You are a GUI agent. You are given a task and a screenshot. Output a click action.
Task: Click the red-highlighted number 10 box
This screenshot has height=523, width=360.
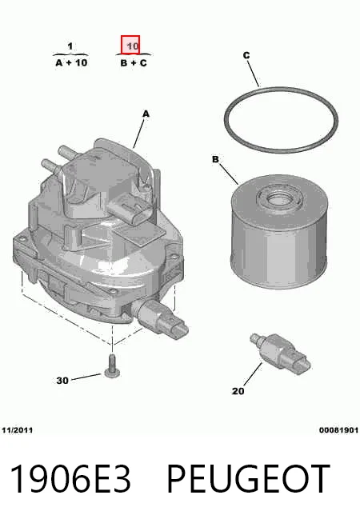point(130,45)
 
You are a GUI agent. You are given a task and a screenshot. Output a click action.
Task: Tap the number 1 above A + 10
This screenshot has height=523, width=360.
point(70,46)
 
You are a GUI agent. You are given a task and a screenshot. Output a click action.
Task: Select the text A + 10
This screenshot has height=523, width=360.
point(71,62)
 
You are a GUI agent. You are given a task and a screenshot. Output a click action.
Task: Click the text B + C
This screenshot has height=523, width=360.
point(134,62)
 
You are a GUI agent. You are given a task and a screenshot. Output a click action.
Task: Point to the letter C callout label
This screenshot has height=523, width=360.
point(246,55)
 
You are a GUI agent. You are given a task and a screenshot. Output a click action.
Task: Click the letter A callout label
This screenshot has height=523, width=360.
point(146,114)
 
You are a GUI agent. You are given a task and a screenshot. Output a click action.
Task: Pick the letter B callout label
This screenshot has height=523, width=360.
point(215,159)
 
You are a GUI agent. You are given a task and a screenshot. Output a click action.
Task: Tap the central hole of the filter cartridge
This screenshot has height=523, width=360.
point(278,200)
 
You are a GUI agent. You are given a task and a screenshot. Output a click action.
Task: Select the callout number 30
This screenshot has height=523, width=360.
point(62,380)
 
